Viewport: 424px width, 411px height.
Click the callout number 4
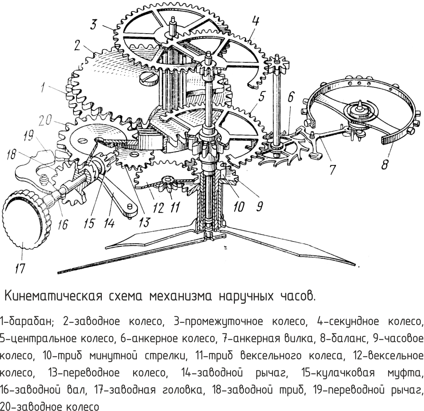(255, 21)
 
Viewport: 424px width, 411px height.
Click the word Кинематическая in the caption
(54, 296)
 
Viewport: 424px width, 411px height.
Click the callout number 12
(158, 208)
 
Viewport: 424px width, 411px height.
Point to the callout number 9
(259, 206)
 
